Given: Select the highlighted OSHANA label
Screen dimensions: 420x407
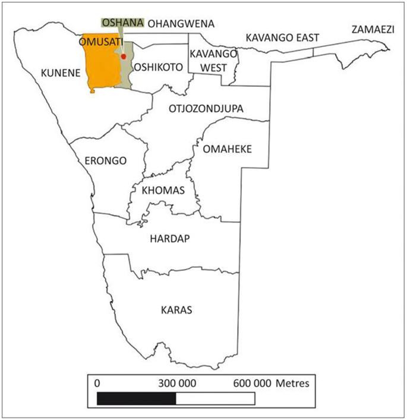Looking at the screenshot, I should coord(123,23).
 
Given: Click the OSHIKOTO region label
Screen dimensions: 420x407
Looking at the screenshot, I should coord(157,67).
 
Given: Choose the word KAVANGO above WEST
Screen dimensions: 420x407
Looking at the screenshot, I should coord(213,54).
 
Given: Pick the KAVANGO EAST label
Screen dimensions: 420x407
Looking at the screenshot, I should coord(282,38).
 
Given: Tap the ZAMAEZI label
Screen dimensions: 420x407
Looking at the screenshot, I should coord(373,29).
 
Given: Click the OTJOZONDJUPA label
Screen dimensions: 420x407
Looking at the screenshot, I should coord(206,109).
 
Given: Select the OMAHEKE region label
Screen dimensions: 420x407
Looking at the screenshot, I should coord(228,149).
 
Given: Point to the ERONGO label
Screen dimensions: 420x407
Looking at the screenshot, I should coord(106,161).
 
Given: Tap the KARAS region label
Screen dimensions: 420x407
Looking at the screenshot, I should coord(176,310).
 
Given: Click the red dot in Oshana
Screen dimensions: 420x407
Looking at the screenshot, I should coord(124,56).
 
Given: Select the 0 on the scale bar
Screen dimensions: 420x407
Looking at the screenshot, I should coord(97,383).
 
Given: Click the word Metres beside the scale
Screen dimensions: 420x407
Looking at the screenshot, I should coord(292,383).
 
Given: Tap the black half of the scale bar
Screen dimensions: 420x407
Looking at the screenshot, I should coord(136,398).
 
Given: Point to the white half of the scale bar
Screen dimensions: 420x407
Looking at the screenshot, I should coord(216,398).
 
